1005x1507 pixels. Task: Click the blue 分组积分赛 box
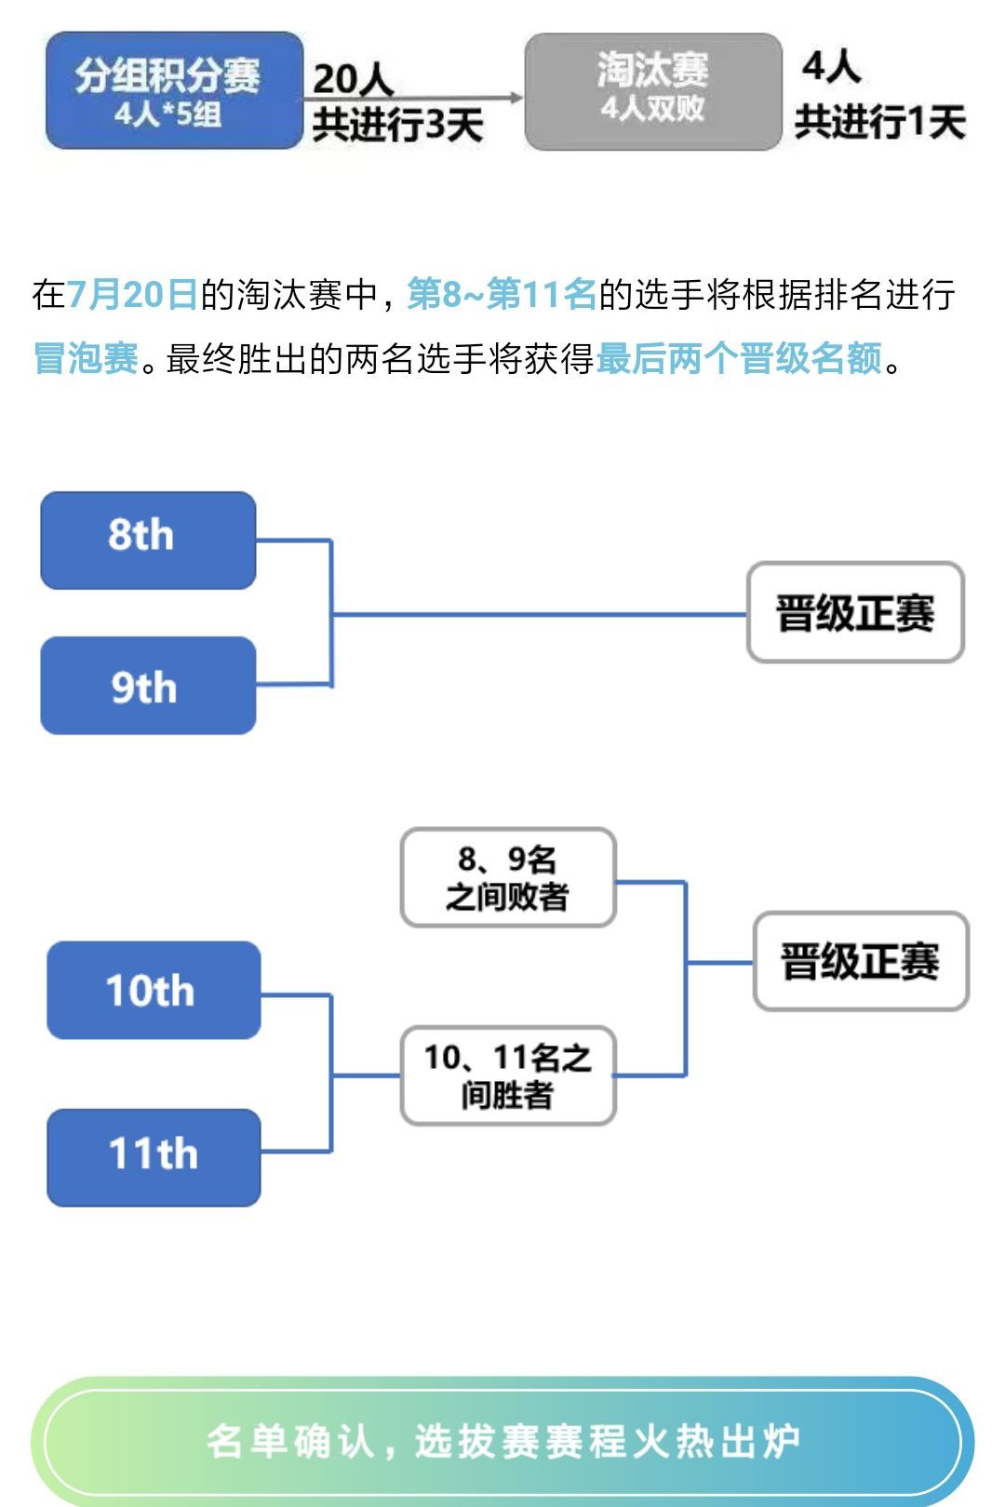174,91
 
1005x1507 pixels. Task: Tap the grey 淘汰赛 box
653,91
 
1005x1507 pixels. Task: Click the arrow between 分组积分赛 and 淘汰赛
412,99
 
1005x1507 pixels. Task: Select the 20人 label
353,78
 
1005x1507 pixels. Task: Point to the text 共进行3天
397,125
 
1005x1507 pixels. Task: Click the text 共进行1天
879,122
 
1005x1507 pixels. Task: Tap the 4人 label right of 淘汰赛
831,67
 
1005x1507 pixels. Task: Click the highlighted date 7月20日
132,294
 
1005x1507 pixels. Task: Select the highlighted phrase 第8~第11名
502,294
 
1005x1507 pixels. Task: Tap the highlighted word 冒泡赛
86,357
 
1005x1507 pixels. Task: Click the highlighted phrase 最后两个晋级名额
739,357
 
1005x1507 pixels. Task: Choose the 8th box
148,540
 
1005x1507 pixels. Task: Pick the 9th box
148,686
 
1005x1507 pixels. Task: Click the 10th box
154,990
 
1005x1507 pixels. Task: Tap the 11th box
154,1158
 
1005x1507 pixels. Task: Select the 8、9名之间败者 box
508,877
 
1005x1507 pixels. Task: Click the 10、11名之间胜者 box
508,1075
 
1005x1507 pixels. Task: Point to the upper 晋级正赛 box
855,612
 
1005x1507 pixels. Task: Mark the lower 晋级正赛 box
861,961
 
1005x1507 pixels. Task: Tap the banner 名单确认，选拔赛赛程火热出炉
502,1441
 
